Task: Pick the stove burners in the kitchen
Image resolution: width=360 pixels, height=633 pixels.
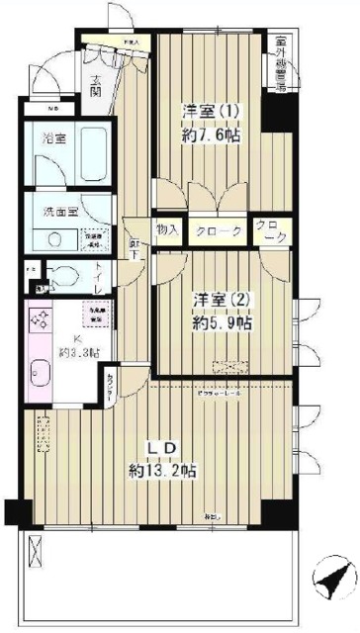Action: (44, 319)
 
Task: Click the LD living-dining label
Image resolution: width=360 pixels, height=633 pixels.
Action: (161, 448)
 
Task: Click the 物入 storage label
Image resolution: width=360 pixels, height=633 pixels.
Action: (168, 230)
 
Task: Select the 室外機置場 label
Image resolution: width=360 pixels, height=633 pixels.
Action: (281, 63)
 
